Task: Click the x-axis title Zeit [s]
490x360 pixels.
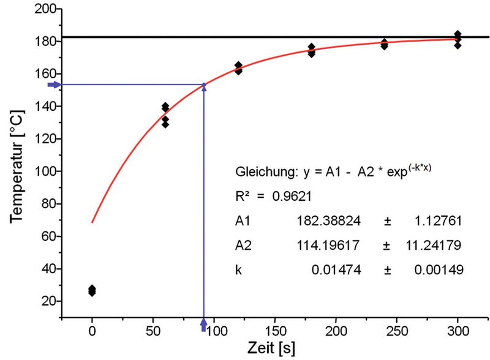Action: pyautogui.click(x=271, y=349)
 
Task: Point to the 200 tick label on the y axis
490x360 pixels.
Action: pyautogui.click(x=47, y=9)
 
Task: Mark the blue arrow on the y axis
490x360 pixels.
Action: pyautogui.click(x=55, y=84)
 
